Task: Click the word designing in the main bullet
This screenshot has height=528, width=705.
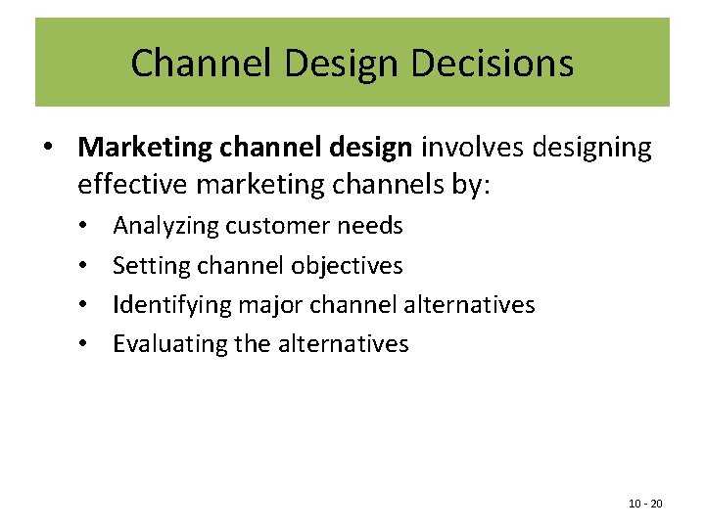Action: (x=593, y=148)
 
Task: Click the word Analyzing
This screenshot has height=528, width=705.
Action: (x=166, y=227)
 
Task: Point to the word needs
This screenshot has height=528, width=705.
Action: (x=370, y=227)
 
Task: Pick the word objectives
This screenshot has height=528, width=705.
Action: (x=348, y=266)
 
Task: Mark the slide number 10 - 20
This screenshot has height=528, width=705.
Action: (x=645, y=504)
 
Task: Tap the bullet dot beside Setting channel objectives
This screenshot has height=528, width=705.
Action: (x=85, y=266)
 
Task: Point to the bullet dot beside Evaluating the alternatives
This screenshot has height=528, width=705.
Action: (x=85, y=344)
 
